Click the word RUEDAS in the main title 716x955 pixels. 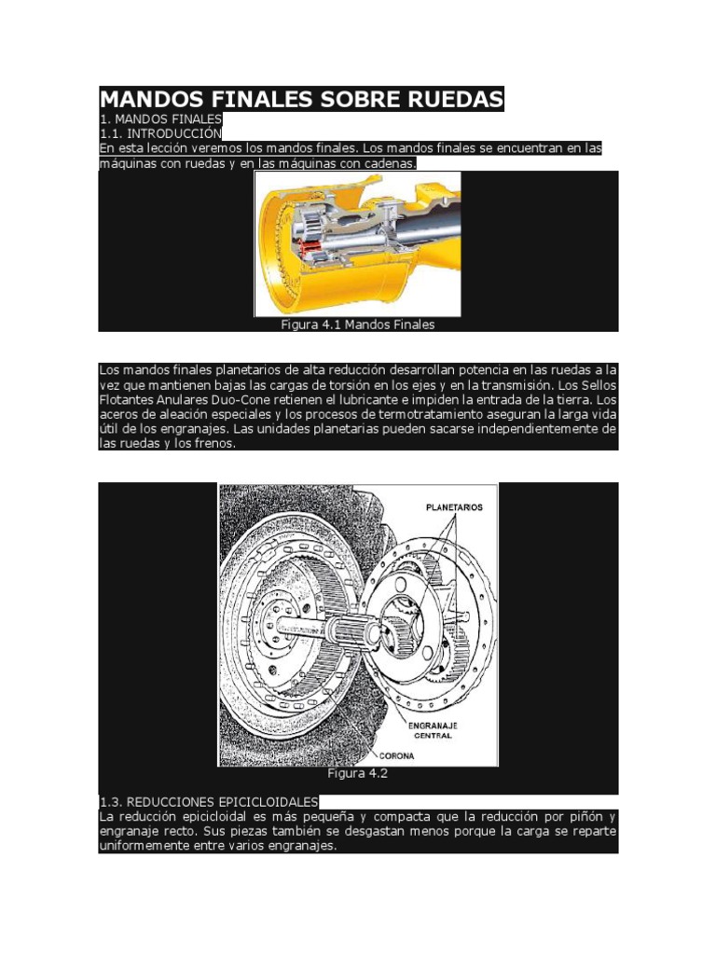tap(445, 99)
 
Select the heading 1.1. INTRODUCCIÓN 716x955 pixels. tap(160, 133)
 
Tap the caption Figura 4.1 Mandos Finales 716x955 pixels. tap(357, 325)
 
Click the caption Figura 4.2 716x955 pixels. tap(357, 773)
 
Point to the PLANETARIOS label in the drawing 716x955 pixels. tap(454, 507)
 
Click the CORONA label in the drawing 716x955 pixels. tap(396, 755)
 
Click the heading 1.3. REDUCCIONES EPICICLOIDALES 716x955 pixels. tap(208, 801)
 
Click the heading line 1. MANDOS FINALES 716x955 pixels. tap(160, 119)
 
